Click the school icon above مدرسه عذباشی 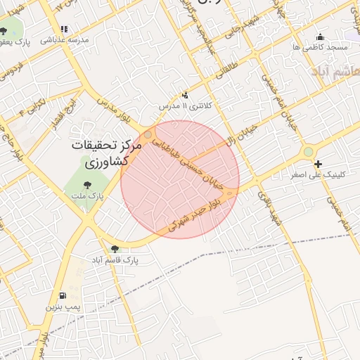point(65,30)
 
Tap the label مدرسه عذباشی point(65,40)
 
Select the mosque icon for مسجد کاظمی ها point(321,37)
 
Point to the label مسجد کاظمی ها point(321,46)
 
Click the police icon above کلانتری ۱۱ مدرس point(185,95)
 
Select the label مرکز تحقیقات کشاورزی point(106,153)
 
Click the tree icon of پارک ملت point(89,186)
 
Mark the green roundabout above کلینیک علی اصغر point(308,151)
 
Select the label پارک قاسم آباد point(114,259)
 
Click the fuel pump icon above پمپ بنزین point(65,296)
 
